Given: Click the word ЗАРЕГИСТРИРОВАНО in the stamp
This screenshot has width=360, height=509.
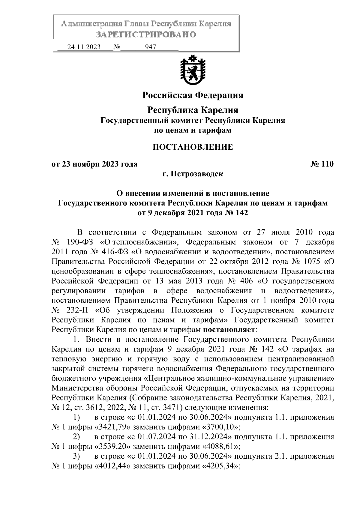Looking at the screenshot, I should coord(146,34).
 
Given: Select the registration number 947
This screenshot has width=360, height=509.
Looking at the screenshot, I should coord(150,47).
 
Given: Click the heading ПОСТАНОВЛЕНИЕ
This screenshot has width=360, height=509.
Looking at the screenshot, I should coord(193,147).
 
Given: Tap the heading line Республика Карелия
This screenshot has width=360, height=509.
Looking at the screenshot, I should coord(193,110).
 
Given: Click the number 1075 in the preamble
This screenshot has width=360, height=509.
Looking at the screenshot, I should coord(313,261).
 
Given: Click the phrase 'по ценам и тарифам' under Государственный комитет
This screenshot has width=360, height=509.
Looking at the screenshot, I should coord(193,130).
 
